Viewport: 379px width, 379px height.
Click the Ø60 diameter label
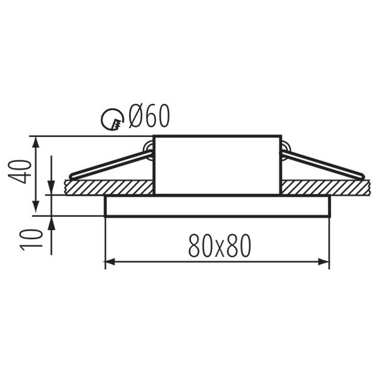[x=149, y=116]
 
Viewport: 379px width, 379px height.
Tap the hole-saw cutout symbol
[x=113, y=119]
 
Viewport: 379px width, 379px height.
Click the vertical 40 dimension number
[x=20, y=172]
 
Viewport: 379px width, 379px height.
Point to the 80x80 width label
[x=220, y=246]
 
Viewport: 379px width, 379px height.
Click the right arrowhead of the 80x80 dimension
[x=324, y=262]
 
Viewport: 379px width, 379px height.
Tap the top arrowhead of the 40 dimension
[x=36, y=142]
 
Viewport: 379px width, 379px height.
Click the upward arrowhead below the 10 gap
[x=51, y=222]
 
